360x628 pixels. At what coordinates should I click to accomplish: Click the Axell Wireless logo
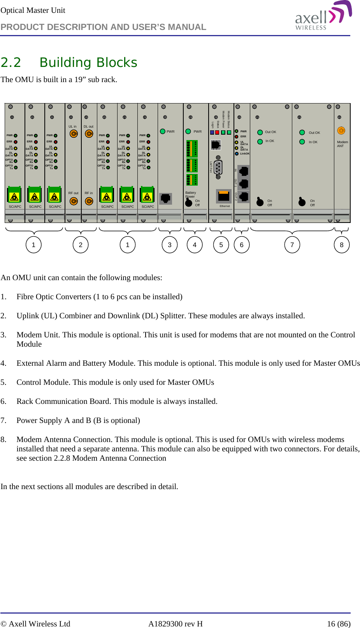tap(323, 16)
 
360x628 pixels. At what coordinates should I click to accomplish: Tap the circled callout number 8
tap(341, 245)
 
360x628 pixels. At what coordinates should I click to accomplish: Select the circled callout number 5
tap(221, 245)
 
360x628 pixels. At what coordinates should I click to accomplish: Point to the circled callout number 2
tap(81, 245)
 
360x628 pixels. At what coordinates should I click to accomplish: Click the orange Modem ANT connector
tap(341, 131)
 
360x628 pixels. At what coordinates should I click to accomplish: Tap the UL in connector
tap(73, 134)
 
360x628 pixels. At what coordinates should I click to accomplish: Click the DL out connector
tap(89, 134)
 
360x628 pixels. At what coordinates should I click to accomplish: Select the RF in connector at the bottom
tap(89, 201)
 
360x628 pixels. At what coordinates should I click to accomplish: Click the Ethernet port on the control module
tap(223, 196)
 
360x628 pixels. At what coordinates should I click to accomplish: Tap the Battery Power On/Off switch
tap(189, 203)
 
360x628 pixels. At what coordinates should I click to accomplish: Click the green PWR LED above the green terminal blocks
tap(188, 132)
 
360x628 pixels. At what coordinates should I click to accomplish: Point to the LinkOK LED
tap(237, 154)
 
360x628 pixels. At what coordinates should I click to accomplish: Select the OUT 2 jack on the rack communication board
tap(244, 196)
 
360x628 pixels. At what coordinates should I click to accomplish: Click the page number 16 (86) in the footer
tap(338, 624)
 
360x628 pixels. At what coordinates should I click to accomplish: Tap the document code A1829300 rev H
tap(175, 624)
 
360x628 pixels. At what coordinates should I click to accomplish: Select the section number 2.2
tap(11, 63)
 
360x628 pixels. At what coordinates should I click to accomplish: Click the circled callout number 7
tap(292, 245)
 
